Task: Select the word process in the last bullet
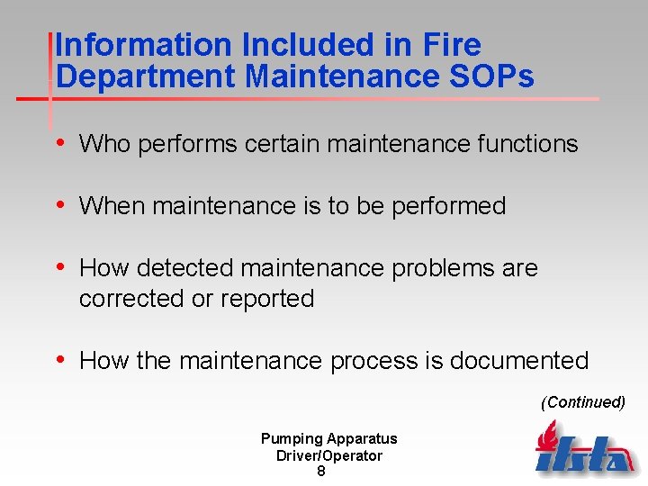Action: pyautogui.click(x=370, y=361)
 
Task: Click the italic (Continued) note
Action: pyautogui.click(x=582, y=402)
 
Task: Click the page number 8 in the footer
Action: pyautogui.click(x=321, y=472)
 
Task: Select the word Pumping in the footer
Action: pyautogui.click(x=290, y=439)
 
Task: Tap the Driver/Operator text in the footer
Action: pyautogui.click(x=329, y=455)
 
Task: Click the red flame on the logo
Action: pyautogui.click(x=546, y=436)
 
